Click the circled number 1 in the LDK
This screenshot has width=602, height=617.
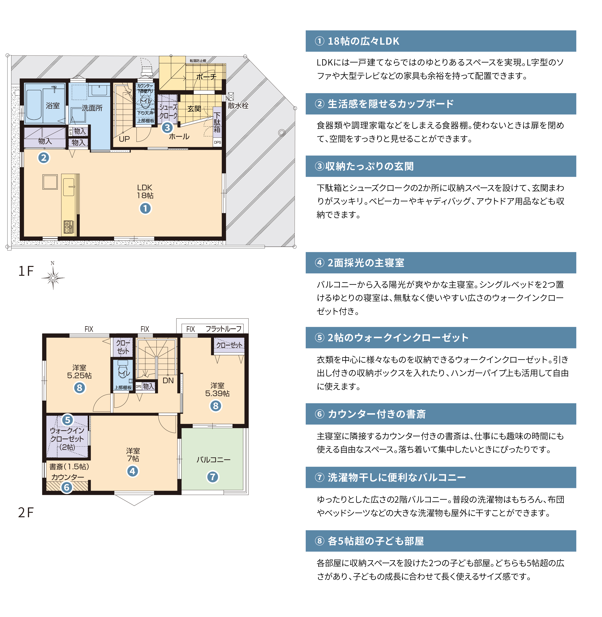145,209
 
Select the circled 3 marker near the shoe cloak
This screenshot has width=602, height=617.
167,128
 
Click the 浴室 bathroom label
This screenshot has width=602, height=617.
53,106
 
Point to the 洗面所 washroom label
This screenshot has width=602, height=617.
92,108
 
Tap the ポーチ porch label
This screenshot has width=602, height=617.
206,77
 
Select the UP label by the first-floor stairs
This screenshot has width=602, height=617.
124,139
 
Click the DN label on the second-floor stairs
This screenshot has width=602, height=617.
168,381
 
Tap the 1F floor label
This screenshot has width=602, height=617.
26,271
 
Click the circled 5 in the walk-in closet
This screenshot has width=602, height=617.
67,420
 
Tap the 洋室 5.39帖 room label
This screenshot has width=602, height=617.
217,389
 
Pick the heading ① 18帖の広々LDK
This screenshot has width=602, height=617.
357,41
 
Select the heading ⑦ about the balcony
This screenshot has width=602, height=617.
390,477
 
